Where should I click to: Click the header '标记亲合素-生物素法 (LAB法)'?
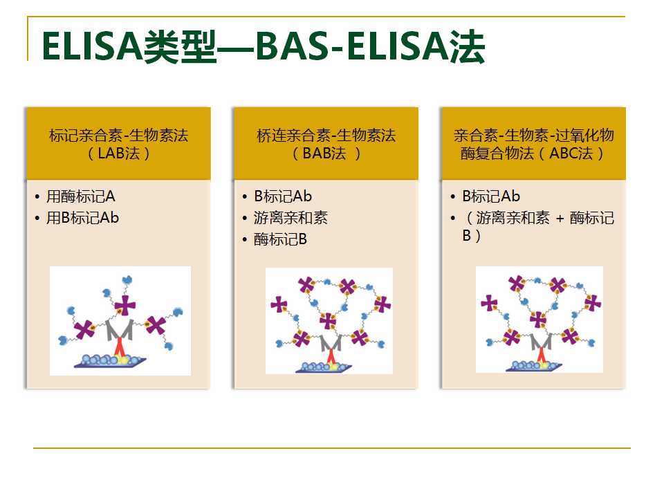[118, 144]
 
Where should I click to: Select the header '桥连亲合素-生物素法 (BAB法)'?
[326, 144]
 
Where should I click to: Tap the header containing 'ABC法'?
[533, 144]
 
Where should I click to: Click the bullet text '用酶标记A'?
[81, 196]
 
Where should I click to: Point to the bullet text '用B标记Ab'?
[82, 218]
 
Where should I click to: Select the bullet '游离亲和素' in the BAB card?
[290, 218]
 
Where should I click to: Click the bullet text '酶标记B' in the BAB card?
[280, 240]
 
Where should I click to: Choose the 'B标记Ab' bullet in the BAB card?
[283, 196]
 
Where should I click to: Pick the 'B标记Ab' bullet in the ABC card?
[491, 196]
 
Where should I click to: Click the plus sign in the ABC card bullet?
[560, 219]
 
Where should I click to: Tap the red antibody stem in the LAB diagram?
[120, 347]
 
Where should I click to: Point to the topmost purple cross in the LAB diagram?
[125, 305]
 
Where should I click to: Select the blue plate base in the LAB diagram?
[110, 362]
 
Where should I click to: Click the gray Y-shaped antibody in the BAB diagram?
[331, 343]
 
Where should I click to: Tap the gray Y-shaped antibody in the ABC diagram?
[541, 341]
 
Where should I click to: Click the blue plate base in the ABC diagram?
[534, 367]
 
